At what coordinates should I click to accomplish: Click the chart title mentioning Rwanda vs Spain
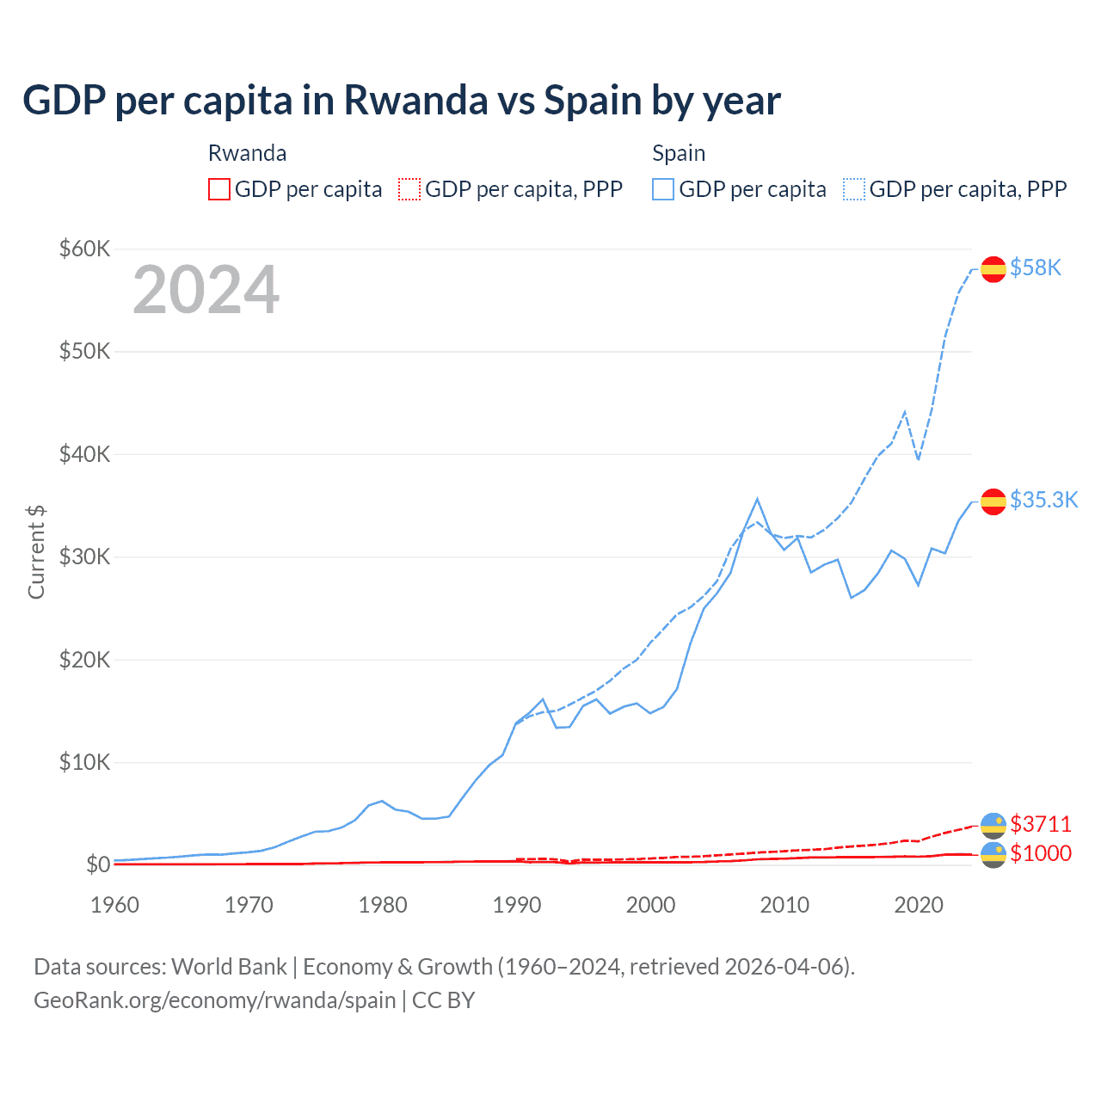401,101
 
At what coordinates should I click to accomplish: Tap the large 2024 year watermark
206,290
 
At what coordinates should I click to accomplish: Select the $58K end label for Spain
1036,268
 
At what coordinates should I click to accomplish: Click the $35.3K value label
1043,501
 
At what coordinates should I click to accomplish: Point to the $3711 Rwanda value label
1041,824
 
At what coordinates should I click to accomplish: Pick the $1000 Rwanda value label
1041,853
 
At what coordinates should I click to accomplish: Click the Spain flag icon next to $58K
993,269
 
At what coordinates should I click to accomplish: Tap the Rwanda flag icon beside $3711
993,825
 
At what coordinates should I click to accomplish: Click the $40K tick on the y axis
84,454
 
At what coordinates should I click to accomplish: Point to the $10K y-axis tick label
84,762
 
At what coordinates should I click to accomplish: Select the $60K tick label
84,249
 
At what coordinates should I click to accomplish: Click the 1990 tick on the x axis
517,905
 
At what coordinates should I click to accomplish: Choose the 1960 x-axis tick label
115,905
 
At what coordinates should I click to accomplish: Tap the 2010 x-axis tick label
784,905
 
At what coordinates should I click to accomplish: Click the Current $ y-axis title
36,552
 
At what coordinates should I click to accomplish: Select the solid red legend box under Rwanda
219,189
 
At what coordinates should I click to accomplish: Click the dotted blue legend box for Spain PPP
854,189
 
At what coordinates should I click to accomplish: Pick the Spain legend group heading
679,153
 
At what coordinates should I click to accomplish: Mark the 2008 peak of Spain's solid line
757,499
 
